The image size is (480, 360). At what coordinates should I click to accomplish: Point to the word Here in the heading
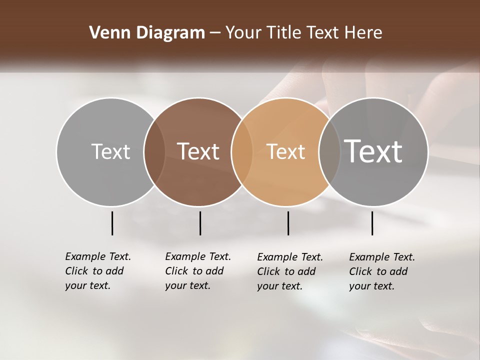[x=364, y=33]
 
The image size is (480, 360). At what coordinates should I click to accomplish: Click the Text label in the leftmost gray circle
[x=110, y=151]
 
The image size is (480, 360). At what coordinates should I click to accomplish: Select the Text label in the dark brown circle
[x=198, y=151]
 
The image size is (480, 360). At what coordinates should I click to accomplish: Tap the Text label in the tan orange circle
[x=285, y=152]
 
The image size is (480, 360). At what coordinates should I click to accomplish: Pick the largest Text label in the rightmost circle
[x=373, y=151]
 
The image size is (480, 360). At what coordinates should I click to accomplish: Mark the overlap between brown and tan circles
[x=241, y=152]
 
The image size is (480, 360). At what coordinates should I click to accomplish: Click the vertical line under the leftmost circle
[x=112, y=223]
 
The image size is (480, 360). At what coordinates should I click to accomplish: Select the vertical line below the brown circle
[x=200, y=223]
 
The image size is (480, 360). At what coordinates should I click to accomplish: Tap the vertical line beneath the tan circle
[x=288, y=223]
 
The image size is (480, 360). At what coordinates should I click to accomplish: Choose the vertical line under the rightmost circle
[x=372, y=223]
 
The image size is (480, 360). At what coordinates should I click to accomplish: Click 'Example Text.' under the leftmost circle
[x=98, y=256]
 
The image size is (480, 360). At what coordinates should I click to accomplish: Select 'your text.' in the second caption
[x=187, y=285]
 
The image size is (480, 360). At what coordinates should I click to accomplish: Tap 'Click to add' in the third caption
[x=286, y=271]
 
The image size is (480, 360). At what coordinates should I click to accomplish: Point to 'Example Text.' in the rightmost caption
[x=382, y=257]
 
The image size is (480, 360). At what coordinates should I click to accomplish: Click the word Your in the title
[x=243, y=33]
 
